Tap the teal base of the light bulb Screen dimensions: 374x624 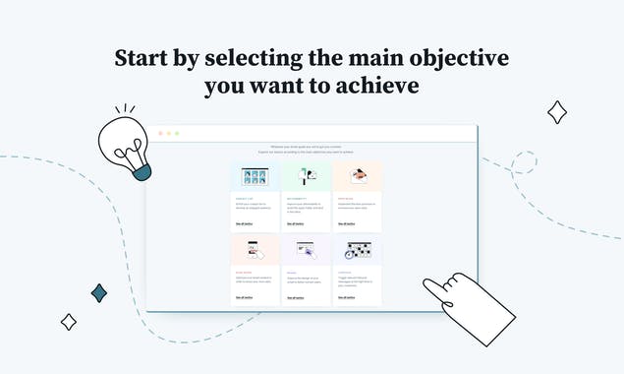pyautogui.click(x=142, y=172)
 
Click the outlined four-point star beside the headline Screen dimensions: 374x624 pyautogui.click(x=556, y=112)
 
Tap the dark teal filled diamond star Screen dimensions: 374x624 pyautogui.click(x=99, y=292)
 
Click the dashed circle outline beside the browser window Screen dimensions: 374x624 pyautogui.click(x=523, y=162)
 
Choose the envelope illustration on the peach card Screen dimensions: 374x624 pyautogui.click(x=358, y=177)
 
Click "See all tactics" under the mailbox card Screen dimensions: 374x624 pyautogui.click(x=293, y=224)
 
